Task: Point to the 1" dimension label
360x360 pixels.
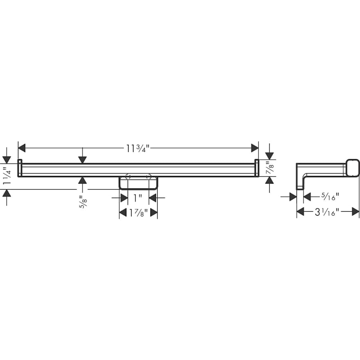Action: pyautogui.click(x=138, y=198)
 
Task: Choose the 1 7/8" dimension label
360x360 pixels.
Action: pyautogui.click(x=138, y=213)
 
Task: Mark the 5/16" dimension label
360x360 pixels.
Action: pyautogui.click(x=330, y=196)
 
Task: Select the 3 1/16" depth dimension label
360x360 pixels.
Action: pyautogui.click(x=327, y=212)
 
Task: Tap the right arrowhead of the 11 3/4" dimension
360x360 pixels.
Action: pyautogui.click(x=255, y=148)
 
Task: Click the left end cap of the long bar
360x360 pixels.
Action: pyautogui.click(x=20, y=168)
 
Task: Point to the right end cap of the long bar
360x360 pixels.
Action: pyautogui.click(x=257, y=168)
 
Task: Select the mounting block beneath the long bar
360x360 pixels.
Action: pyautogui.click(x=138, y=184)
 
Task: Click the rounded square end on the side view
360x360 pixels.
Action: pyautogui.click(x=352, y=168)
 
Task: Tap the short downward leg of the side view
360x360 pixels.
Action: pyautogui.click(x=300, y=184)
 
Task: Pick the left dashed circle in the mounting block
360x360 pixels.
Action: pyautogui.click(x=128, y=177)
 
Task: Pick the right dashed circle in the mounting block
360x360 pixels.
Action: pyautogui.click(x=149, y=177)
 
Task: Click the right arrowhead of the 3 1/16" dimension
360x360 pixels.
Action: pyautogui.click(x=356, y=212)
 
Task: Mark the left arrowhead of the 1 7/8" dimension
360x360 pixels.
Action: pyautogui.click(x=123, y=213)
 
